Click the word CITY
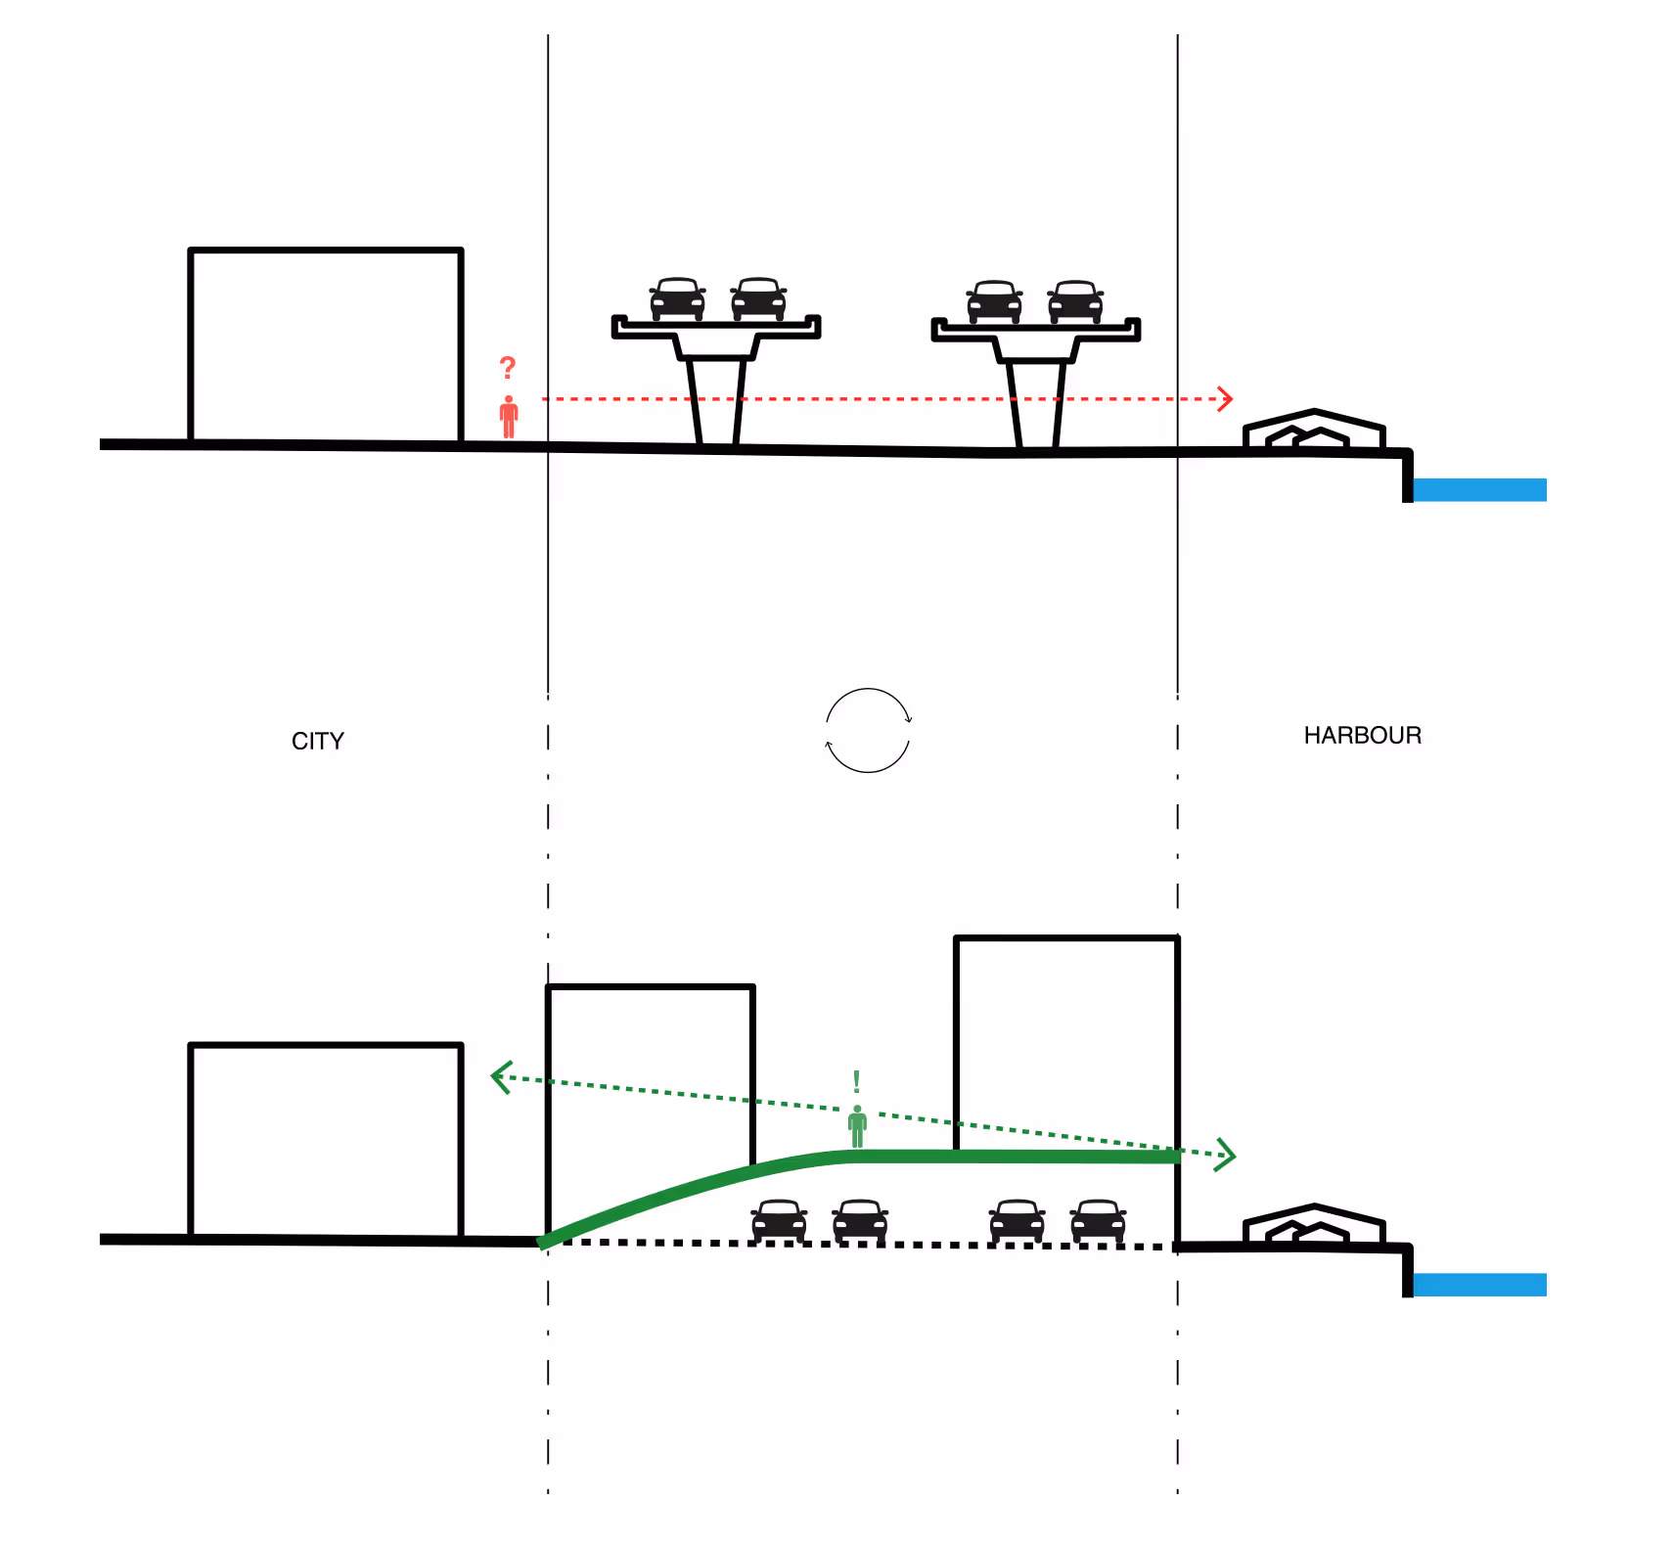click(x=318, y=741)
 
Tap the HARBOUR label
click(x=1362, y=735)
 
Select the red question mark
click(x=507, y=368)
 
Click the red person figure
click(x=509, y=418)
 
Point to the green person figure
click(x=857, y=1127)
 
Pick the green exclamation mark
click(x=856, y=1081)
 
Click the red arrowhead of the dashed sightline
click(x=1224, y=398)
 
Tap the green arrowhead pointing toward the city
click(x=501, y=1078)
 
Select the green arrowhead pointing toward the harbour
click(x=1226, y=1155)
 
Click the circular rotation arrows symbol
click(x=868, y=731)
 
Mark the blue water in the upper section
click(x=1479, y=489)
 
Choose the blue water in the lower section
click(x=1479, y=1285)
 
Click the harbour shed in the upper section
click(x=1314, y=431)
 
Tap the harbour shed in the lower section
click(x=1314, y=1225)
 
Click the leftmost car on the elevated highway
click(x=677, y=299)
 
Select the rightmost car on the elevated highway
click(x=1075, y=301)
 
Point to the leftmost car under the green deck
click(x=779, y=1220)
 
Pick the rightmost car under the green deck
click(x=1098, y=1220)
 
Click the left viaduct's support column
click(x=716, y=401)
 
